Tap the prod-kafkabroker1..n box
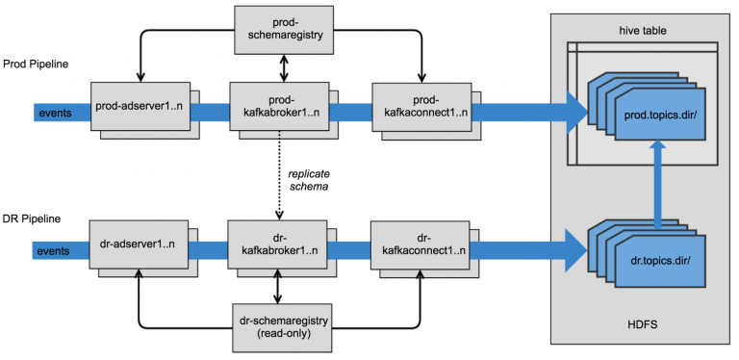278,107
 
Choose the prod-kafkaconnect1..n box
420,107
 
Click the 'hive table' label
641,31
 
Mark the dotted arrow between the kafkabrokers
278,178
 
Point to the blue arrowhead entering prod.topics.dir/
575,114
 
